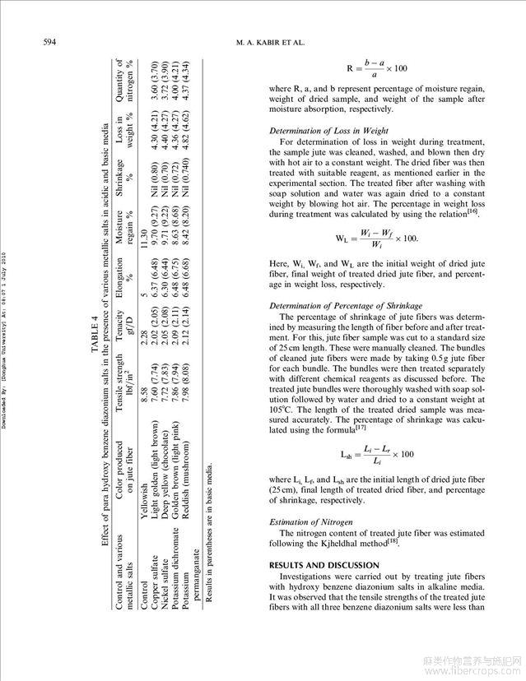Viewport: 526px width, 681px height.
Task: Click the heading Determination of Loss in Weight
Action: point(329,131)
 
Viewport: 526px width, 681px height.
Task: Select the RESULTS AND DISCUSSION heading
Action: point(324,565)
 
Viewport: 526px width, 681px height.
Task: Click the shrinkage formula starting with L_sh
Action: point(376,454)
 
